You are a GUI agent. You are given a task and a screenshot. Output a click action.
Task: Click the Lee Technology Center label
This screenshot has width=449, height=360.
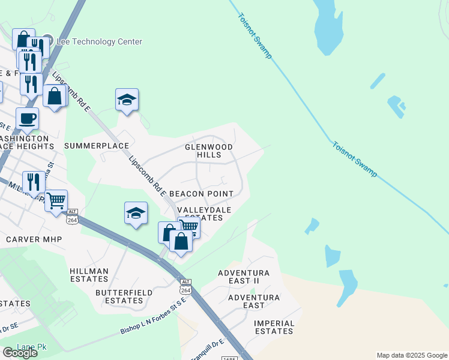click(x=99, y=42)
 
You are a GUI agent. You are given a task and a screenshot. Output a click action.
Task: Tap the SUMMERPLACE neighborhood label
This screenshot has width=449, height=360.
click(x=97, y=146)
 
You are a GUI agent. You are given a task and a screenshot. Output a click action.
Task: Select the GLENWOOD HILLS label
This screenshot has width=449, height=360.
click(x=208, y=151)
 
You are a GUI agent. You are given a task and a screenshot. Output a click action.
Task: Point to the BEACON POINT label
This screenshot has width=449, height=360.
click(x=201, y=194)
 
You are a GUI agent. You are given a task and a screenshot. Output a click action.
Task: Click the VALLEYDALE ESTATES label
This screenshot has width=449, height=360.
click(x=200, y=214)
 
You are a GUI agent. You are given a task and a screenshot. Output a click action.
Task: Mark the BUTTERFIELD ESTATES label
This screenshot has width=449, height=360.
click(x=119, y=296)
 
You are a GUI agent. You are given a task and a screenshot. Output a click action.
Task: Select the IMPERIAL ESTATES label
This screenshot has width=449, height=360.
click(x=274, y=327)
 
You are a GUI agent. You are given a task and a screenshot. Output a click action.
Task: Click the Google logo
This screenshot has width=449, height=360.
click(x=20, y=353)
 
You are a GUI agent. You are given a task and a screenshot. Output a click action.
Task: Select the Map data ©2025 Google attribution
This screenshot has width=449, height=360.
click(x=411, y=355)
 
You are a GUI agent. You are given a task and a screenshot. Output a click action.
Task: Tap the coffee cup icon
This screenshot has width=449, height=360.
click(x=27, y=118)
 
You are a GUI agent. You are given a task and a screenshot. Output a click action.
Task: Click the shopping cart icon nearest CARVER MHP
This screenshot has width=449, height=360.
click(x=56, y=200)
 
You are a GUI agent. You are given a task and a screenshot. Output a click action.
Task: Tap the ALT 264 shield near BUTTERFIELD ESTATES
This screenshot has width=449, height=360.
click(x=185, y=287)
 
